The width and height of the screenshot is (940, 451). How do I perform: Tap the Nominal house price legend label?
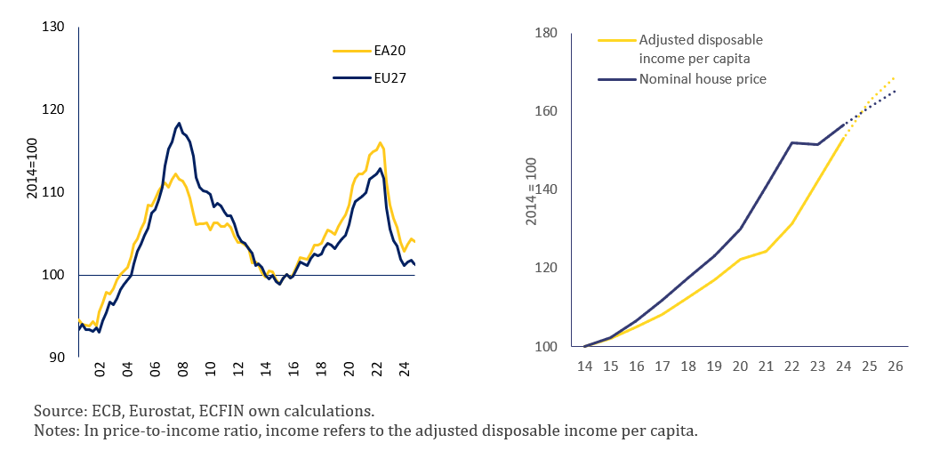tap(703, 78)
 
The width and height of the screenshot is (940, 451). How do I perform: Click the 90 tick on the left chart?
tap(57, 358)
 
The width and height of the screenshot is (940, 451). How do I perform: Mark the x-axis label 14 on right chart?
tap(584, 366)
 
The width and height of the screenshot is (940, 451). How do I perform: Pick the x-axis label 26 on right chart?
tap(895, 366)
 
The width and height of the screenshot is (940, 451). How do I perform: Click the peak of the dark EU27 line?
tap(179, 123)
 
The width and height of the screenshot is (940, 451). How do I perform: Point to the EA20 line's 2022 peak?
tap(381, 142)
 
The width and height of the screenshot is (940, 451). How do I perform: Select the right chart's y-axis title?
tap(532, 190)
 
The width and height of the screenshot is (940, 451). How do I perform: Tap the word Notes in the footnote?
tap(54, 431)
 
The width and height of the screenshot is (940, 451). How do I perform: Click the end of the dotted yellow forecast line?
tap(895, 77)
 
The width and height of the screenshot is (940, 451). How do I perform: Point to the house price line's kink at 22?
tap(791, 142)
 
